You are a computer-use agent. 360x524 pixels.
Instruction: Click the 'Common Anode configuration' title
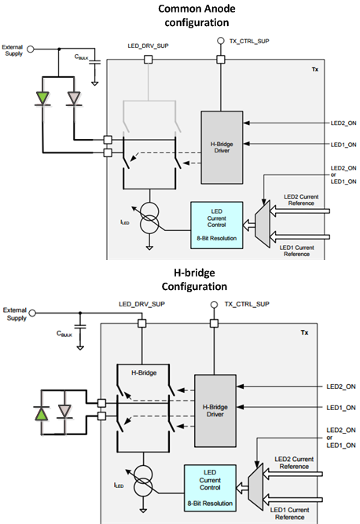point(197,16)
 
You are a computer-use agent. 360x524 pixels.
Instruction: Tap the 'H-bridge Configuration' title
point(194,280)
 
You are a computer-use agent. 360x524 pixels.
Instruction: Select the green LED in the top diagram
point(42,98)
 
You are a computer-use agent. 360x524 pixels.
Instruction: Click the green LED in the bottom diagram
point(42,413)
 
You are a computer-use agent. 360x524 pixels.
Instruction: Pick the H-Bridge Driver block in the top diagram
point(222,148)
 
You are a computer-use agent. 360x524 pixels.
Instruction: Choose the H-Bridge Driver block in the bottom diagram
point(215,411)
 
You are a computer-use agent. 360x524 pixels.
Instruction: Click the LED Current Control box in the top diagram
point(217,225)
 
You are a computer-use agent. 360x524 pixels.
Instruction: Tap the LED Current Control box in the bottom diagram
point(210,488)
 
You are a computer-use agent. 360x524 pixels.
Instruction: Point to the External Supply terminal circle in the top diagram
point(31,49)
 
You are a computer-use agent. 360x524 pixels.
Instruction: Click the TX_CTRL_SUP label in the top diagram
point(249,41)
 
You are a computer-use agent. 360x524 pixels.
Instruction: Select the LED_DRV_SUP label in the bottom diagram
point(141,304)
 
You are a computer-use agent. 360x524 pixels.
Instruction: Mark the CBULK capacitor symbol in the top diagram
point(94,62)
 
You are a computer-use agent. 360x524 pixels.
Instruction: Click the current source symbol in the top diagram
point(149,218)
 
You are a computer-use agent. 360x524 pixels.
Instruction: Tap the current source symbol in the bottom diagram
point(143,481)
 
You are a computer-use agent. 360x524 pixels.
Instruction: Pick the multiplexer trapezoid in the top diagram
point(263,224)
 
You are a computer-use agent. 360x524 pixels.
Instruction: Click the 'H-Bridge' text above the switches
point(144,372)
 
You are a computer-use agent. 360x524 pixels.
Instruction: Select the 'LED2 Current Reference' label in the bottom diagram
point(294,463)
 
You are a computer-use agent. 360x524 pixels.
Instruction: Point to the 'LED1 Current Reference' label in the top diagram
point(297,251)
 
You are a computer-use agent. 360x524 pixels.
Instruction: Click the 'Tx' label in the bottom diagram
point(304,332)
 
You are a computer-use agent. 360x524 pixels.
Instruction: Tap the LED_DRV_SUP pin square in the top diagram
point(148,60)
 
